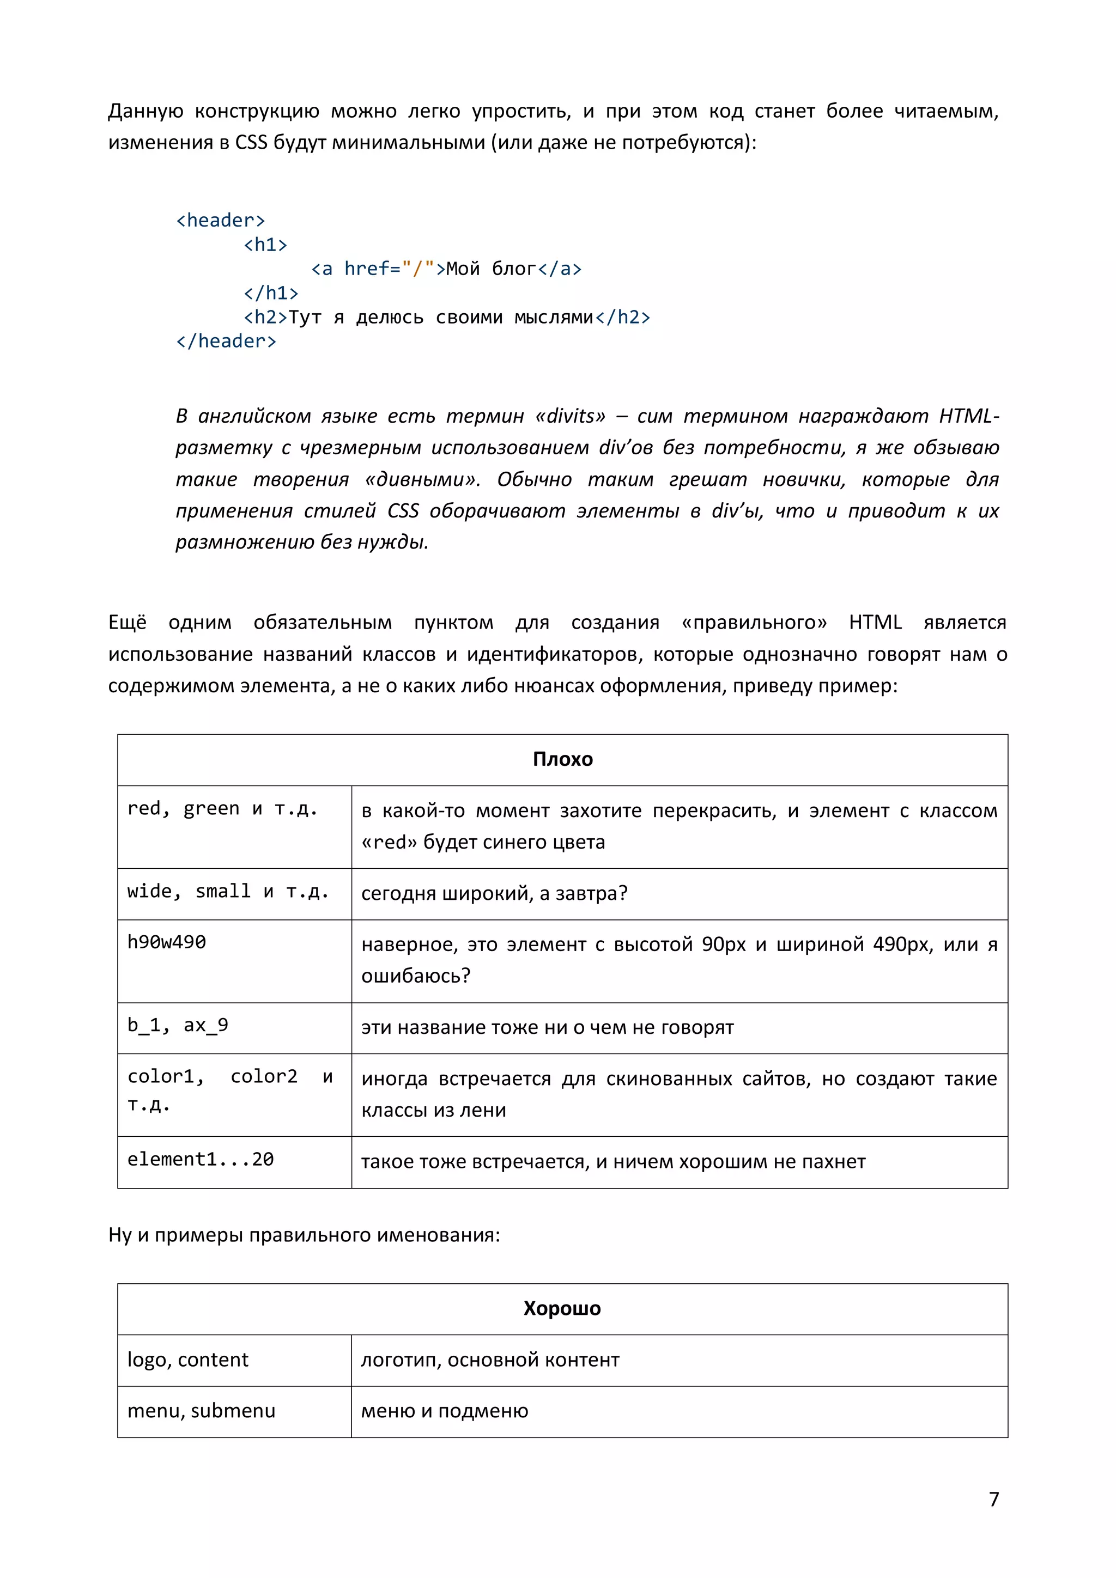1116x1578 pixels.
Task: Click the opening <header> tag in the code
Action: (x=220, y=221)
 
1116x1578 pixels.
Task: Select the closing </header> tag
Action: (x=226, y=341)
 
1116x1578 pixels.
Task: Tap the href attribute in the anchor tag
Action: (x=367, y=269)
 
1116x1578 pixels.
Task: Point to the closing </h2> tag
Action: (x=622, y=317)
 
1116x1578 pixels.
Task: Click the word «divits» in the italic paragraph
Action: (x=570, y=416)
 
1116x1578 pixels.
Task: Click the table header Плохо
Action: (x=562, y=759)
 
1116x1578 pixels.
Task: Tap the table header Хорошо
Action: (x=562, y=1308)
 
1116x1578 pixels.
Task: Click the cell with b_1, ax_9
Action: (x=178, y=1026)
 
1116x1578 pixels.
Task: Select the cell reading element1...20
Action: (x=200, y=1160)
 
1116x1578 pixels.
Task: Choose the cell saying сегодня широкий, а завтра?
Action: (x=494, y=893)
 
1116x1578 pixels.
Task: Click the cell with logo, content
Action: (x=187, y=1360)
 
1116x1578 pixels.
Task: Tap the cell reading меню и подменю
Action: (x=444, y=1411)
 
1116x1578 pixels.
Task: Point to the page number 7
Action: (x=993, y=1499)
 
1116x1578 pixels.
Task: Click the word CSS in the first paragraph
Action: (x=251, y=142)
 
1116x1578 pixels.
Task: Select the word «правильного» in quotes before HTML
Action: (x=754, y=623)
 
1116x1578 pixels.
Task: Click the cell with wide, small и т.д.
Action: (x=228, y=892)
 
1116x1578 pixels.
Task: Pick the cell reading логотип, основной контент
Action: (x=490, y=1360)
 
